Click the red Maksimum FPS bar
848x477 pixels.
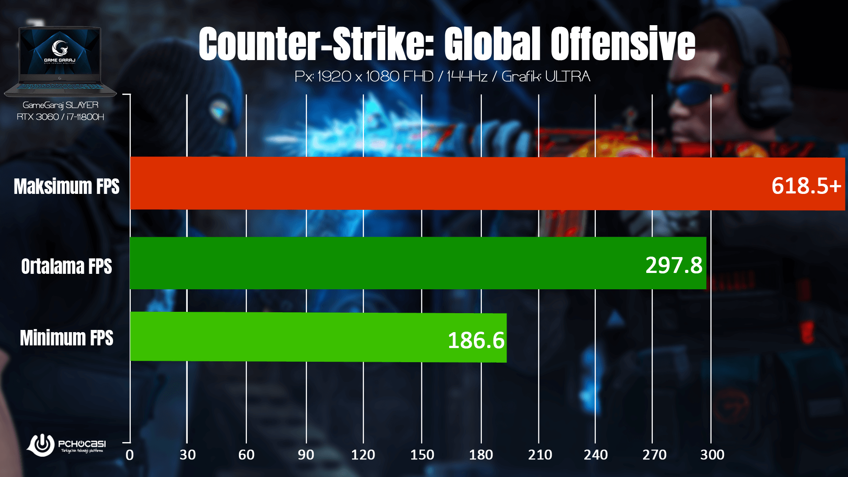point(442,183)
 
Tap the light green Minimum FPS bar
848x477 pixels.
point(287,337)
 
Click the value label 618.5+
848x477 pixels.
point(806,185)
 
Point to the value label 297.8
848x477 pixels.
point(674,265)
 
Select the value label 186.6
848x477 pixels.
point(476,341)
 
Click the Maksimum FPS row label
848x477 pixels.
point(67,186)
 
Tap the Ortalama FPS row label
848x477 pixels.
point(67,266)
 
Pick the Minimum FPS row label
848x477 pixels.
point(67,338)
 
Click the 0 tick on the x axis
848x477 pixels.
point(129,455)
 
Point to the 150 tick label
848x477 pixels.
point(422,455)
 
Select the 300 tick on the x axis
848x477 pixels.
point(712,455)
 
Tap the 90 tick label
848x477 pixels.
point(306,455)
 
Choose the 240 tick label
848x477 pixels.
point(595,455)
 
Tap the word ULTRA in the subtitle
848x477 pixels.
point(568,76)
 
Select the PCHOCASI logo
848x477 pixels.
point(66,445)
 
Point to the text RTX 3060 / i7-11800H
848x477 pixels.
point(61,117)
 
